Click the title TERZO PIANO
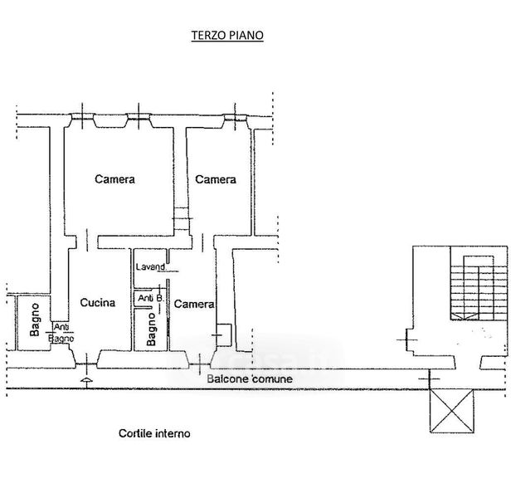click(226, 37)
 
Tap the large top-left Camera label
click(114, 178)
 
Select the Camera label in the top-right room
click(216, 179)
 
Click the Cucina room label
click(97, 303)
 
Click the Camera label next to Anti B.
click(194, 304)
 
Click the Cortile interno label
click(154, 433)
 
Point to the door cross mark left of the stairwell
click(406, 339)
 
